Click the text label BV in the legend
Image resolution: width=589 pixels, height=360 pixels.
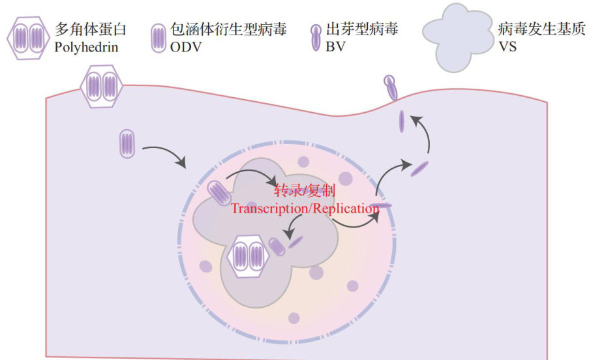(x=334, y=47)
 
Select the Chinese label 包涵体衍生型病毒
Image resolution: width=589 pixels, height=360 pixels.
(x=229, y=29)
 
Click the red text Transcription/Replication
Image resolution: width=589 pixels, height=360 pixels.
(x=305, y=209)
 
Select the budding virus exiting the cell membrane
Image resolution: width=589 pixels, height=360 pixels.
(x=391, y=87)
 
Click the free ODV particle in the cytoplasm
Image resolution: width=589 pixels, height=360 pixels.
(x=127, y=143)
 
